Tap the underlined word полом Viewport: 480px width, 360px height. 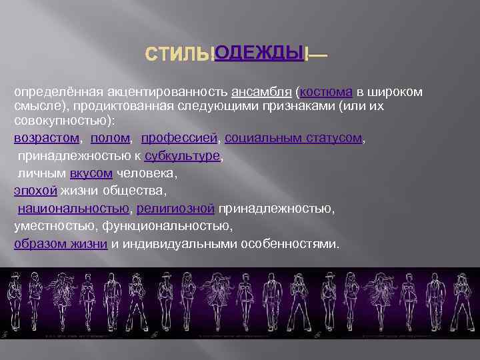click(110, 138)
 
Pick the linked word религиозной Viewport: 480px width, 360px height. click(175, 209)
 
